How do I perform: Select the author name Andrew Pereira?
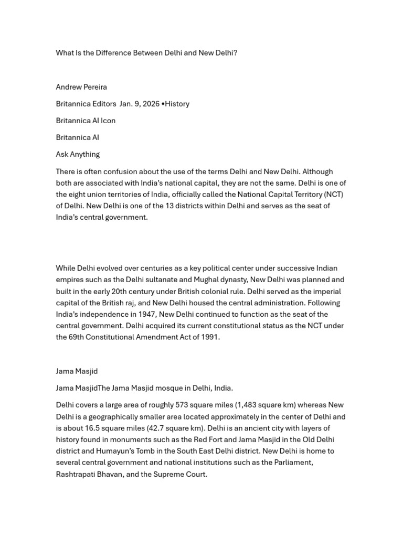pos(81,87)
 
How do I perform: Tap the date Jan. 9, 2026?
pos(140,104)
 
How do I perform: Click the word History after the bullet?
pos(177,104)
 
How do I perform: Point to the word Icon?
pos(108,121)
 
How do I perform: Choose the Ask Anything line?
pos(78,154)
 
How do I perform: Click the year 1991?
pos(209,338)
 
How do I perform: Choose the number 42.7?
pos(160,428)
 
